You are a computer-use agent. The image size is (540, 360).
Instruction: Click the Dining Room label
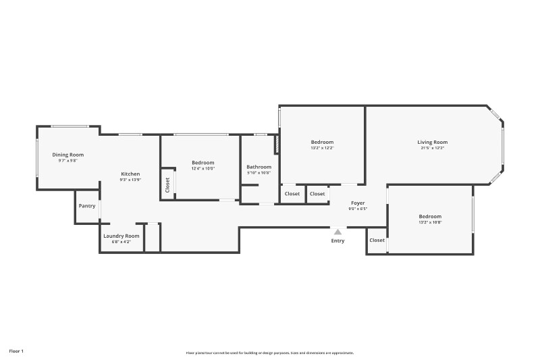click(68, 155)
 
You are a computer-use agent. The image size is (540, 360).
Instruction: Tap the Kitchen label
click(130, 174)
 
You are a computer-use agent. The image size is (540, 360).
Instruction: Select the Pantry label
click(87, 206)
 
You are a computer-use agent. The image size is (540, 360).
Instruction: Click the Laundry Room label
click(122, 236)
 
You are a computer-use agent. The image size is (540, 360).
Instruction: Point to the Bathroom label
click(259, 167)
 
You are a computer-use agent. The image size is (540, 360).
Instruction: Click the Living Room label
click(432, 142)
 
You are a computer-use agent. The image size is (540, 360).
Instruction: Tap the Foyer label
click(357, 203)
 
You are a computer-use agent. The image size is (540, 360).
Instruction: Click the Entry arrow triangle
click(337, 232)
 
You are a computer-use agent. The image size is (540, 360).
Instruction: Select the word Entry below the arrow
click(337, 241)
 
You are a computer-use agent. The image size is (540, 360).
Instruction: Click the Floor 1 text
click(16, 351)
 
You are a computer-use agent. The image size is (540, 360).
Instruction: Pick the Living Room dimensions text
click(432, 148)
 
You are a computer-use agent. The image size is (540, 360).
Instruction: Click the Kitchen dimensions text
click(130, 180)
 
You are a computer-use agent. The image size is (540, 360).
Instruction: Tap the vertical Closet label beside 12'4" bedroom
click(167, 184)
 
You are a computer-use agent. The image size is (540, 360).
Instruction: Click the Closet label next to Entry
click(377, 240)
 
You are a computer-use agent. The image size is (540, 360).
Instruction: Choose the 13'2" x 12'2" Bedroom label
click(322, 142)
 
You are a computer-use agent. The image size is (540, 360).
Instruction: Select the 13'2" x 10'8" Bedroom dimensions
click(430, 222)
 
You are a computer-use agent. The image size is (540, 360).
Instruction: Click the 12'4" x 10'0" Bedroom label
click(202, 162)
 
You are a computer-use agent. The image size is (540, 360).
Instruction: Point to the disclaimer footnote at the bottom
click(270, 353)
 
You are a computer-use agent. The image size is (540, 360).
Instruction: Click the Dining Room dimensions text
click(68, 161)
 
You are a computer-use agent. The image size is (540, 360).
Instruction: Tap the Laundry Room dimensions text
click(122, 242)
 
